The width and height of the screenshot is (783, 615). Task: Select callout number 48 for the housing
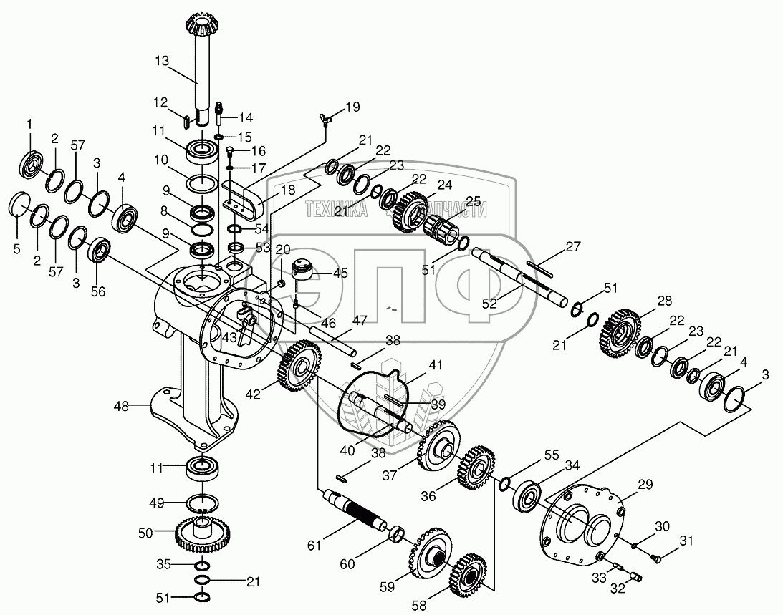121,407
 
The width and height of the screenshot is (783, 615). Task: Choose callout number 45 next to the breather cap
340,273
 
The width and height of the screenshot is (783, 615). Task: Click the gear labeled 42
297,366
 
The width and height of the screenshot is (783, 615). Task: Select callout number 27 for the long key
572,247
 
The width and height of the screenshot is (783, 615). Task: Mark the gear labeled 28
618,331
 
